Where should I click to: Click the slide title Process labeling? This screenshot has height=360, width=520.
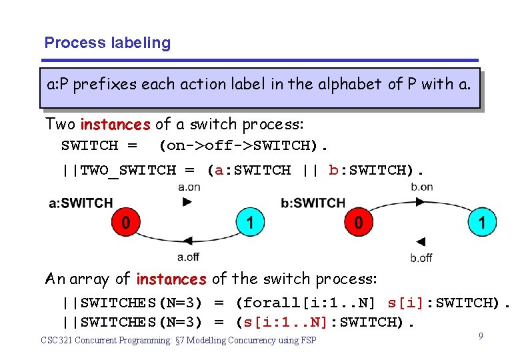click(107, 43)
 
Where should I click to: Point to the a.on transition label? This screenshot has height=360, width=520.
click(189, 187)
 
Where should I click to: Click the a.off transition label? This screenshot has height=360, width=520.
click(189, 256)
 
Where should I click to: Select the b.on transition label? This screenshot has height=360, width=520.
click(421, 187)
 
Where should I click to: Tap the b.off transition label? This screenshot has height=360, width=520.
click(421, 258)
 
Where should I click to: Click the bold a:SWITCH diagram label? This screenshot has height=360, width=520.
click(81, 203)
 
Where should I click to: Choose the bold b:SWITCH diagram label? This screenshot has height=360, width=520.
click(313, 203)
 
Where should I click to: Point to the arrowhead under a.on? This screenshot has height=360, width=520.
click(187, 201)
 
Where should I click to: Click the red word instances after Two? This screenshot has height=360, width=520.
click(115, 125)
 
